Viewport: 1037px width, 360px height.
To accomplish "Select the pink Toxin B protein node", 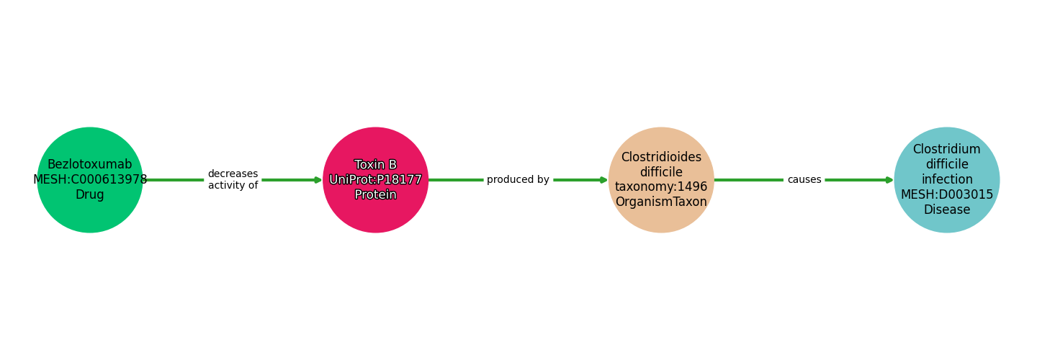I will [x=375, y=216].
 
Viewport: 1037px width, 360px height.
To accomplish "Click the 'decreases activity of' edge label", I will [x=233, y=180].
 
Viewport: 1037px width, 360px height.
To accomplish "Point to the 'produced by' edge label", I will [x=518, y=180].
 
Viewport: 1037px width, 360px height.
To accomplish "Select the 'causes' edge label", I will [x=804, y=180].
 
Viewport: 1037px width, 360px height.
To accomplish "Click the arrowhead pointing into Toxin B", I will [x=318, y=180].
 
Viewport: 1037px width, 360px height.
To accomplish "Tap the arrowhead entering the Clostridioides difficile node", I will [x=604, y=180].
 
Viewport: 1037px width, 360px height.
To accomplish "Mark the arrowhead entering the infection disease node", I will [x=889, y=180].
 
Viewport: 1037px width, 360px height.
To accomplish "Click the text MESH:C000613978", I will [x=90, y=180].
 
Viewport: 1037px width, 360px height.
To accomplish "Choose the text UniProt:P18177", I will [x=375, y=180].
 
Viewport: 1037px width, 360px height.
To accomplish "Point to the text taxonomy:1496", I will [x=661, y=187].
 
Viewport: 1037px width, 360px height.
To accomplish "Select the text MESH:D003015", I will [x=946, y=195].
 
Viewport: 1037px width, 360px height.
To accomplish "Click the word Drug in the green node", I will [x=90, y=195].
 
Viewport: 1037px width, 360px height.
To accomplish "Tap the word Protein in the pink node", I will [x=375, y=195].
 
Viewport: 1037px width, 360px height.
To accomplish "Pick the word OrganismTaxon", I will [x=661, y=202].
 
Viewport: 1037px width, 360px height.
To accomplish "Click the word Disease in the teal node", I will [x=946, y=210].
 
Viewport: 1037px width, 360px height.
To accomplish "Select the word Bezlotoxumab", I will [x=90, y=165].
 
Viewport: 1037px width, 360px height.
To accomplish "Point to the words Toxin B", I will [x=375, y=165].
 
